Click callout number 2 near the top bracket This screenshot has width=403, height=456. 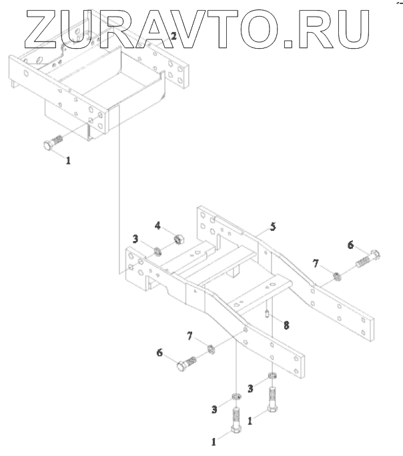pos(173,36)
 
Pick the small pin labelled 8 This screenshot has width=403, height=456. pos(266,312)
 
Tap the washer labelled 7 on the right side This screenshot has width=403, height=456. pos(337,274)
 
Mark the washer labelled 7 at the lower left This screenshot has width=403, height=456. pos(211,348)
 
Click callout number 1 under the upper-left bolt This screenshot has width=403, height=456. pos(67,160)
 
